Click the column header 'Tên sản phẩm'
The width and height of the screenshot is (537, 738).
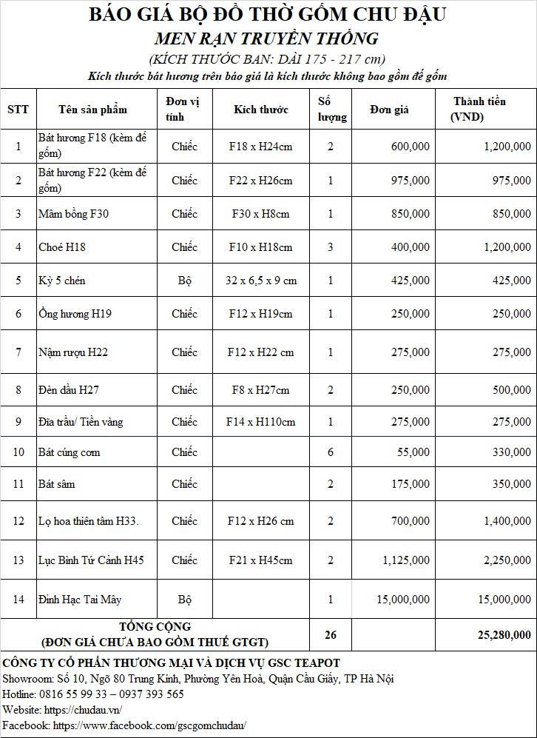tap(92, 110)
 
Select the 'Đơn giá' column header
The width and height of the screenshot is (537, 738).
tap(389, 110)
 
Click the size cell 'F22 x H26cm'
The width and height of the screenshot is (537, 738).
tap(260, 181)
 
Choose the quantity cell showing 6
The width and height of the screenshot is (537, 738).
tap(330, 452)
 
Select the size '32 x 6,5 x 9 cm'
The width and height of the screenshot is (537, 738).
tap(260, 281)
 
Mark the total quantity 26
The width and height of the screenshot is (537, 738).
tap(330, 634)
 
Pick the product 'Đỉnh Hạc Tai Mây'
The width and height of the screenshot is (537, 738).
tap(80, 600)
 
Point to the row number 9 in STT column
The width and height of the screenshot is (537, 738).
tap(18, 422)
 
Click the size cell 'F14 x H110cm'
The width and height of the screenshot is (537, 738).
tap(260, 422)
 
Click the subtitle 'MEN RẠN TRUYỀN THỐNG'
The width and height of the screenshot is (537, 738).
tap(266, 38)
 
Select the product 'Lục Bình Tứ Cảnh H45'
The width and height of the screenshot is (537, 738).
tap(91, 560)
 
